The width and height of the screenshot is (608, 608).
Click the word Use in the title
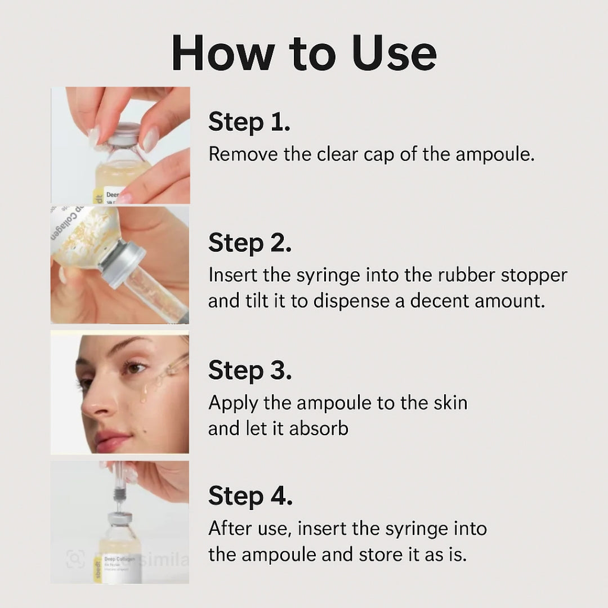tap(394, 53)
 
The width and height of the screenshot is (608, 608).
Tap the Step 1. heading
tap(249, 122)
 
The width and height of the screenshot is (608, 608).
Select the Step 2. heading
tap(249, 243)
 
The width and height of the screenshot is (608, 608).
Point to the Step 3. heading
tap(249, 370)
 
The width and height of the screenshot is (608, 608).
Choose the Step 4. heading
tap(250, 496)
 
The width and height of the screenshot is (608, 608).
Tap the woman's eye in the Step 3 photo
tap(135, 368)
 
